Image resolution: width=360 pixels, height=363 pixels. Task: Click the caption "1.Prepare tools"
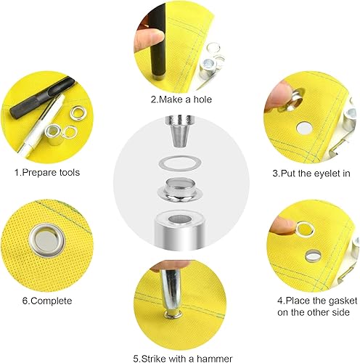click(47, 173)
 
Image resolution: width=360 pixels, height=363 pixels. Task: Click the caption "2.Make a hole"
click(181, 99)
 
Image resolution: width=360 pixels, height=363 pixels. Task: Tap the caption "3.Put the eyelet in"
click(311, 174)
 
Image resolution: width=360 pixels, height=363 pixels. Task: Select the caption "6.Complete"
click(47, 301)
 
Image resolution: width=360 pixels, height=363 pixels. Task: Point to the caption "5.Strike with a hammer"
click(183, 358)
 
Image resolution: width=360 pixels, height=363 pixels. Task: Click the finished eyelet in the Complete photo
click(46, 241)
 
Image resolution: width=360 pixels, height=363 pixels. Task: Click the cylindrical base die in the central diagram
click(180, 230)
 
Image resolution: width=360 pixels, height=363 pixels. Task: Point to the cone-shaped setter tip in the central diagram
click(180, 131)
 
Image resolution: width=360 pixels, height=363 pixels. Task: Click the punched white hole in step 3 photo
click(304, 129)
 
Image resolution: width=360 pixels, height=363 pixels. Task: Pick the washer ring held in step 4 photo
click(305, 229)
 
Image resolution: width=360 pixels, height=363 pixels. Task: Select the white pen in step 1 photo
click(41, 126)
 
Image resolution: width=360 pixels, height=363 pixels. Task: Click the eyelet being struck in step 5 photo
click(173, 315)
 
